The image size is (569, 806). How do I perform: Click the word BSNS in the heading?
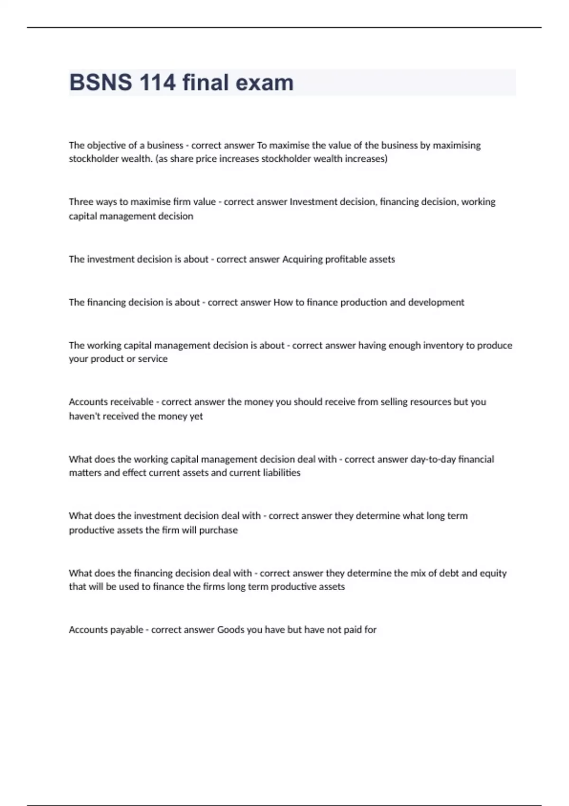[101, 82]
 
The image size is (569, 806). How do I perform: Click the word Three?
[81, 202]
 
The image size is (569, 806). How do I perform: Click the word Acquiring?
[302, 259]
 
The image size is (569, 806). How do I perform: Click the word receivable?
[131, 402]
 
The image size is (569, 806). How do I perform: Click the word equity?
[493, 573]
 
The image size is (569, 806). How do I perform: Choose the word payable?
[127, 630]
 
